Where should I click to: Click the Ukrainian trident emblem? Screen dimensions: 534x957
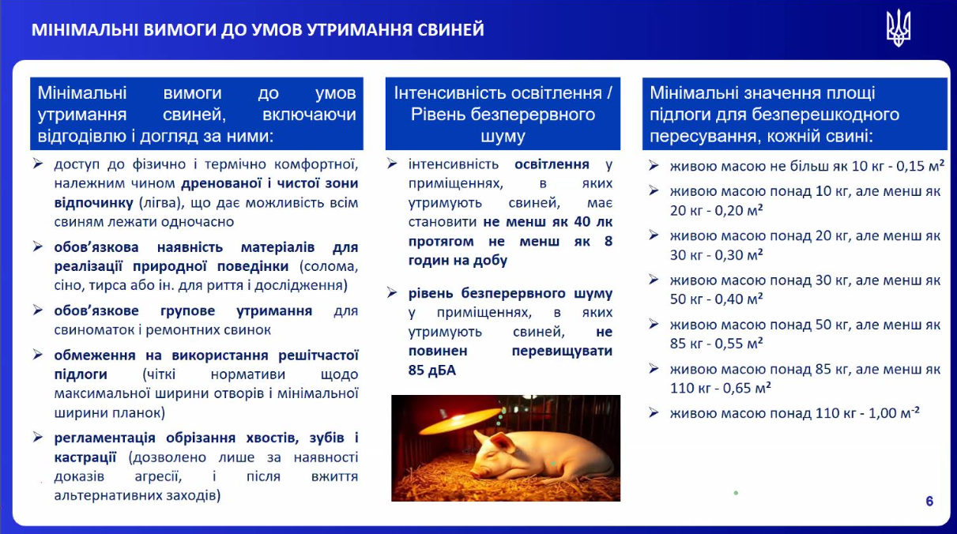point(898,29)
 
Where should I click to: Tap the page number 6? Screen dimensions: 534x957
point(929,501)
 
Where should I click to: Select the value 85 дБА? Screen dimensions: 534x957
point(431,369)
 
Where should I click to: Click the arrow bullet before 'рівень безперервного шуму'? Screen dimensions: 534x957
point(393,293)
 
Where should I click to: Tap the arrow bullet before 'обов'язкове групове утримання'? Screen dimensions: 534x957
point(38,311)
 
